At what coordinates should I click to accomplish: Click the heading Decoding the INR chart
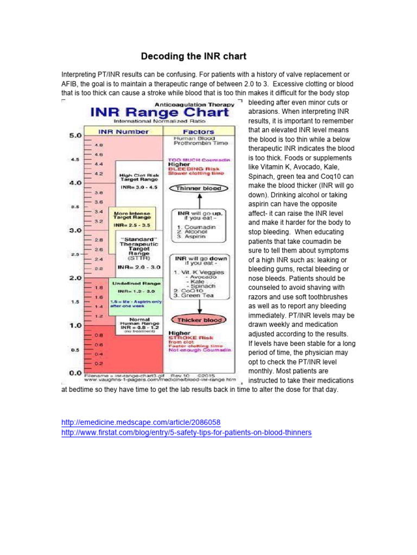[x=194, y=56]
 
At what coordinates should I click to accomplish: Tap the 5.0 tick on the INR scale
[x=74, y=134]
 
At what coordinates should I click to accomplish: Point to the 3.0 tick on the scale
[x=74, y=230]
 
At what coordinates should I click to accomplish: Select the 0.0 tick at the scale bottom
[x=74, y=373]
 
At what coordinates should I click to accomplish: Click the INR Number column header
[x=123, y=132]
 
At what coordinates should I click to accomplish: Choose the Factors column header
[x=199, y=132]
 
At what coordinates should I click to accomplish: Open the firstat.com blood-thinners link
[x=187, y=433]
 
